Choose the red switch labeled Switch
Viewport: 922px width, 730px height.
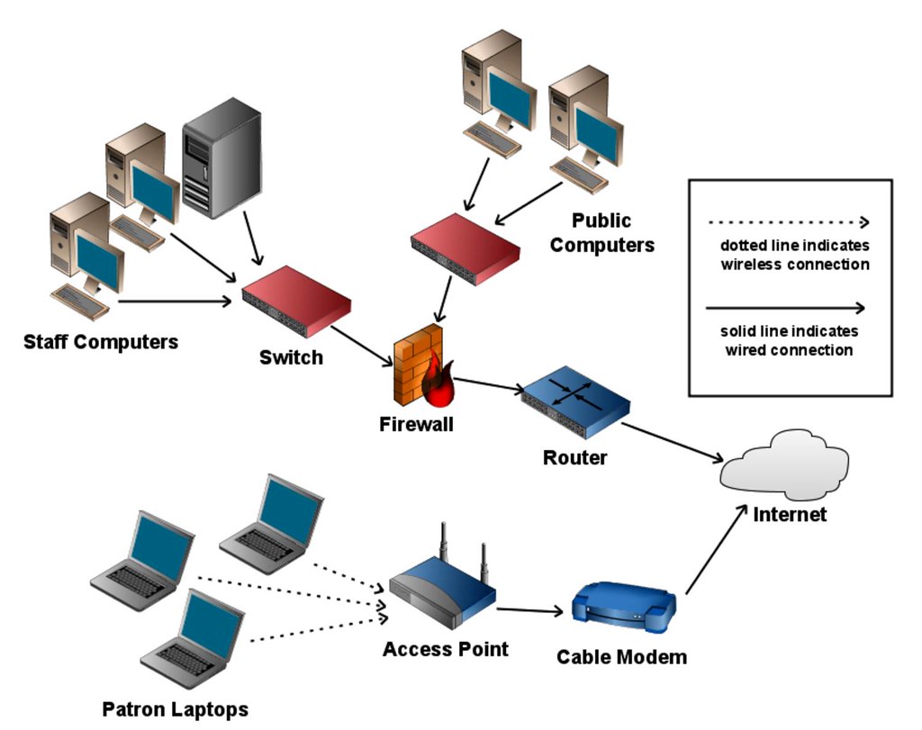[x=295, y=301]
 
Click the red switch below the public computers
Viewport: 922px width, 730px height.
[x=464, y=248]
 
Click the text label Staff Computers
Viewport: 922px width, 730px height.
[x=101, y=342]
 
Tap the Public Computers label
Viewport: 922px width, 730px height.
[x=602, y=232]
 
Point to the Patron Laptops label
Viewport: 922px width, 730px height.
[x=175, y=709]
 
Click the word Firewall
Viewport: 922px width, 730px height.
[x=415, y=422]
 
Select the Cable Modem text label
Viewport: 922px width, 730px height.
[x=621, y=657]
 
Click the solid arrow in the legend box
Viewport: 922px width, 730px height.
[x=789, y=307]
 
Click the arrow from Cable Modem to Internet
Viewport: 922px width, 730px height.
[x=716, y=553]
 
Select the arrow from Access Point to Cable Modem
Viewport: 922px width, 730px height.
[x=531, y=611]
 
